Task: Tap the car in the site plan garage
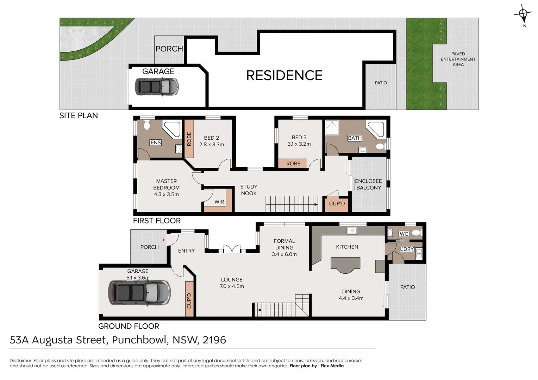pos(157,87)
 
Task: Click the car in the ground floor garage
pos(139,293)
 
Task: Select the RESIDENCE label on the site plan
pos(284,75)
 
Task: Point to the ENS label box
pos(155,142)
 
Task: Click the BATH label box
pos(355,138)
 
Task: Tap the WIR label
pos(219,202)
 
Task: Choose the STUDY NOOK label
pos(249,190)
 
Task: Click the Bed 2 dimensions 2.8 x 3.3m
pos(211,144)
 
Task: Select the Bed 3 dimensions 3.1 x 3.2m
pos(299,144)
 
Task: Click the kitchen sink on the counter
pos(352,231)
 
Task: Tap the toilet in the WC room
pos(417,233)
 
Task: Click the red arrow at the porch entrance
pos(163,240)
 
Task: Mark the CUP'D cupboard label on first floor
pos(337,203)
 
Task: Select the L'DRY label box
pos(407,249)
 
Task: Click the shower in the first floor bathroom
pos(332,127)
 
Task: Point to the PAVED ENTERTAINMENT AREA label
pos(458,59)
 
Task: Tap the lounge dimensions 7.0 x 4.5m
pos(232,286)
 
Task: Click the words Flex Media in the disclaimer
pos(332,366)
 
